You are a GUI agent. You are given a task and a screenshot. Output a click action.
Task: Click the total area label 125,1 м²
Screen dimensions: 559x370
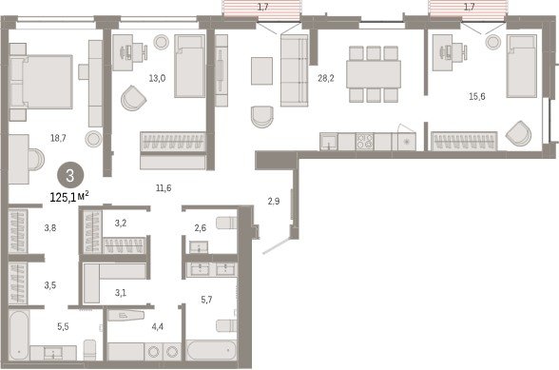click(x=69, y=197)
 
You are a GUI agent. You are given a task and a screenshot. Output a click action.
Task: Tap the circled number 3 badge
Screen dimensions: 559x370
click(x=70, y=175)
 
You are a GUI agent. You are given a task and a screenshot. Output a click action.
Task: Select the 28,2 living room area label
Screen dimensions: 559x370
click(x=326, y=78)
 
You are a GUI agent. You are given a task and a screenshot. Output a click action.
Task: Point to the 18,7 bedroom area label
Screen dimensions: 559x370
click(x=58, y=138)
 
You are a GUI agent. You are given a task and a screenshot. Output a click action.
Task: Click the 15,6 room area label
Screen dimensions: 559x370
click(x=476, y=96)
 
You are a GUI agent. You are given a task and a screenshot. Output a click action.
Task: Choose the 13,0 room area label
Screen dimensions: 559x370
click(x=157, y=78)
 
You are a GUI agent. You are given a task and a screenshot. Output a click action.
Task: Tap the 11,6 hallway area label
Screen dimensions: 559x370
click(x=164, y=187)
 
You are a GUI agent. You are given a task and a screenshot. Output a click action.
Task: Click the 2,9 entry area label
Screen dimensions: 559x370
click(x=274, y=202)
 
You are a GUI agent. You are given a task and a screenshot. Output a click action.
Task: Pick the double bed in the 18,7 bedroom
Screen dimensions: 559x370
click(x=41, y=82)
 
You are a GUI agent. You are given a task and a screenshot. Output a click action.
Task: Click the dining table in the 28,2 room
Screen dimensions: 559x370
click(x=374, y=74)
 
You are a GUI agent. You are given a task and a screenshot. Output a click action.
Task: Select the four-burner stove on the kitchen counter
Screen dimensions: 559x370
click(x=364, y=142)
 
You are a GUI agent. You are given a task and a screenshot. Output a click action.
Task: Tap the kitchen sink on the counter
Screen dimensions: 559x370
click(x=329, y=142)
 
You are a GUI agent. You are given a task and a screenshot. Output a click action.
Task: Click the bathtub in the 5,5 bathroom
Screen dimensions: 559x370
click(x=19, y=335)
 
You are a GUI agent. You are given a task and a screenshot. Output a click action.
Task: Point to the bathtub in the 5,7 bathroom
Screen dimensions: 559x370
click(x=211, y=350)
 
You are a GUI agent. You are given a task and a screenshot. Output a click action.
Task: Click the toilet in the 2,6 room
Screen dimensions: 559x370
click(x=226, y=223)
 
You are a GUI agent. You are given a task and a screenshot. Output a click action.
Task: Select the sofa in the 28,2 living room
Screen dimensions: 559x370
click(x=294, y=70)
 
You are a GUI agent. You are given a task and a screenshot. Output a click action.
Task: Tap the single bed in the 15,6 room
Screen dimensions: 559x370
click(x=522, y=66)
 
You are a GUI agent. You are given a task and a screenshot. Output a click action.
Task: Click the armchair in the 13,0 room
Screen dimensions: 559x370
click(x=134, y=98)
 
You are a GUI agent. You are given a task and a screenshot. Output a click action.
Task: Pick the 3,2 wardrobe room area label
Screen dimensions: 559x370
click(x=121, y=224)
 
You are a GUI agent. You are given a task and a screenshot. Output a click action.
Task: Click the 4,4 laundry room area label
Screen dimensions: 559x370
click(x=158, y=326)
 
